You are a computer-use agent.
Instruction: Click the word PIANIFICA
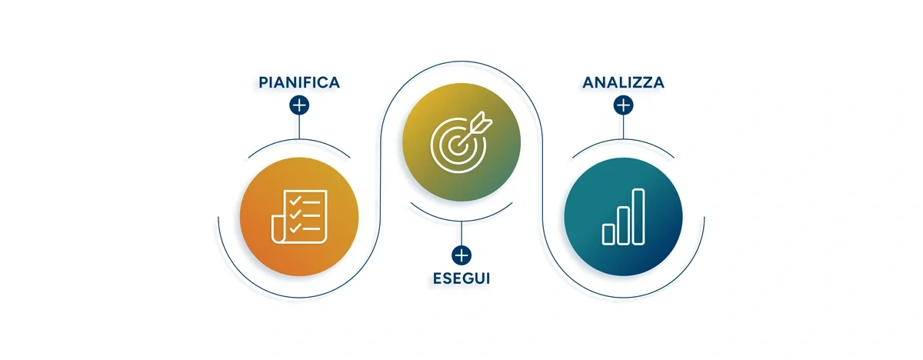[299, 82]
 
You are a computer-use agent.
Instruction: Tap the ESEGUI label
[461, 278]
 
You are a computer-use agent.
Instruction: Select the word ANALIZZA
[623, 82]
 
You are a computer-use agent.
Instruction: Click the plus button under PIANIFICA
[299, 105]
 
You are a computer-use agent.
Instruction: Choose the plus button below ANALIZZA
[624, 105]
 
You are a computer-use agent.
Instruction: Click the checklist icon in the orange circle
[299, 217]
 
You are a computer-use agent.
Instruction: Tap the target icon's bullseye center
[455, 144]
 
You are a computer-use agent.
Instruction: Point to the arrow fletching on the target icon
[482, 121]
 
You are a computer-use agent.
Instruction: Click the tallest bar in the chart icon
[638, 217]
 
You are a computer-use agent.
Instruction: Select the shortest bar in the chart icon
[608, 235]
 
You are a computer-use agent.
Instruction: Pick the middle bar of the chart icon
[623, 225]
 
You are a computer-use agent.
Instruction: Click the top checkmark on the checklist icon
[295, 201]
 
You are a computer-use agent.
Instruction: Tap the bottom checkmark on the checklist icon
[295, 228]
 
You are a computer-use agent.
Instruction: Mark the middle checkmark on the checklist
[295, 214]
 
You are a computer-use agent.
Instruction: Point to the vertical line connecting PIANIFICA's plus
[299, 127]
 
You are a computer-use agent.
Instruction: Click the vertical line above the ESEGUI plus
[461, 234]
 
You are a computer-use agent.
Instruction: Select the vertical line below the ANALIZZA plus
[624, 127]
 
